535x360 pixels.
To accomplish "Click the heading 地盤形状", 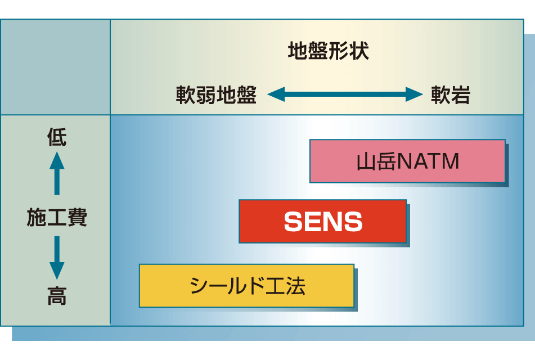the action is (x=328, y=51).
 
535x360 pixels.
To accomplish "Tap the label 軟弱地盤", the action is (x=217, y=94).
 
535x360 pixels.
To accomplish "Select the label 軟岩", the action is (x=451, y=94).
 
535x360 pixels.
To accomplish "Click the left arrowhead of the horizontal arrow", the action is (x=276, y=94).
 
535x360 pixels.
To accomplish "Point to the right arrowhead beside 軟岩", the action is (x=414, y=94).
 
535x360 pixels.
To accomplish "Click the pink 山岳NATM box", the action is (x=407, y=161).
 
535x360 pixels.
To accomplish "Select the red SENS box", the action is (x=323, y=222).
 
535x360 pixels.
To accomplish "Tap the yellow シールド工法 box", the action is (x=247, y=286).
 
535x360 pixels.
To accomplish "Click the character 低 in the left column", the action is (x=57, y=137).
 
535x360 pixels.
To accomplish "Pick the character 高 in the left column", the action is (x=57, y=296).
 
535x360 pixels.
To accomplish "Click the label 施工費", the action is (x=57, y=217).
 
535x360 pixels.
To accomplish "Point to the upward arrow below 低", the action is (x=57, y=173).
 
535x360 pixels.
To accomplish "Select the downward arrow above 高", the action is (x=57, y=258).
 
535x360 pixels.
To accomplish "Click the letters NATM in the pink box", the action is (x=428, y=161).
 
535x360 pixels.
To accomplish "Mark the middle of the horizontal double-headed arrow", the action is (x=345, y=94).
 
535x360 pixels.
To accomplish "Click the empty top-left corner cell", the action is (x=55, y=67).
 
